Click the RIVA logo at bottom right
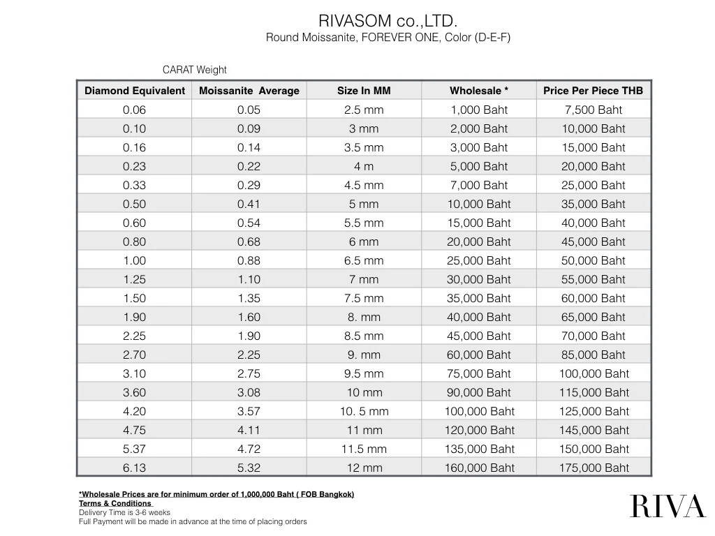click(x=668, y=506)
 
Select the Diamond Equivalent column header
click(x=135, y=91)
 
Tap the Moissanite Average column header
click(x=249, y=91)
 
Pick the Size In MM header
click(x=364, y=91)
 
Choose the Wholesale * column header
click(x=479, y=91)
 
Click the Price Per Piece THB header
click(x=594, y=91)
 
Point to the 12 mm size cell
click(x=364, y=468)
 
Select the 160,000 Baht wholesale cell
click(x=479, y=468)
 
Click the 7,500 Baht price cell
click(x=594, y=110)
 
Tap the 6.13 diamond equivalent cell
click(x=134, y=468)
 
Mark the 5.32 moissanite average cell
click(x=249, y=468)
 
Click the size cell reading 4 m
click(x=364, y=166)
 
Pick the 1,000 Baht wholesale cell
click(x=479, y=110)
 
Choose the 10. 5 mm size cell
click(x=364, y=411)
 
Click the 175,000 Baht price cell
click(x=594, y=468)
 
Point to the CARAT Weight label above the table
click(x=194, y=70)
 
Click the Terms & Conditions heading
click(x=115, y=503)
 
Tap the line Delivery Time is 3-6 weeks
click(x=124, y=512)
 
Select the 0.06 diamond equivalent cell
click(x=134, y=110)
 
